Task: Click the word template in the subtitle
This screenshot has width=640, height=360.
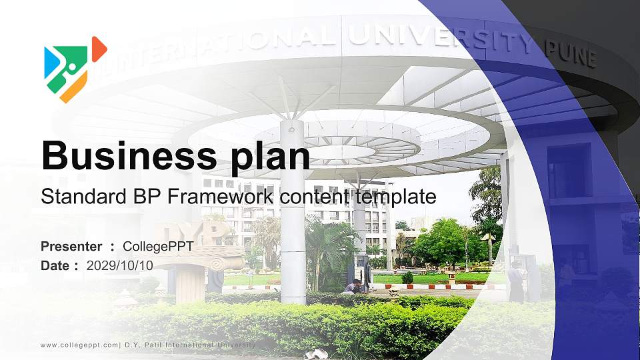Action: (x=395, y=197)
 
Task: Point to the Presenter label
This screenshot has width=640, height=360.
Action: (x=71, y=247)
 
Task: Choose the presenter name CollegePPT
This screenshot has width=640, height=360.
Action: (x=158, y=247)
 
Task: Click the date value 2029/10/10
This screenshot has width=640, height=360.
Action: (x=120, y=265)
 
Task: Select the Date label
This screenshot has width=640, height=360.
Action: (x=56, y=265)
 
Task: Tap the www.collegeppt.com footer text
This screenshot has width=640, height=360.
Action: (x=79, y=345)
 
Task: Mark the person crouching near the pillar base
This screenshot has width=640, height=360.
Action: (x=353, y=287)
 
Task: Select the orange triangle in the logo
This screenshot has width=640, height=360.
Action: (x=99, y=48)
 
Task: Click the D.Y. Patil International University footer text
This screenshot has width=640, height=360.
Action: (x=191, y=345)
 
